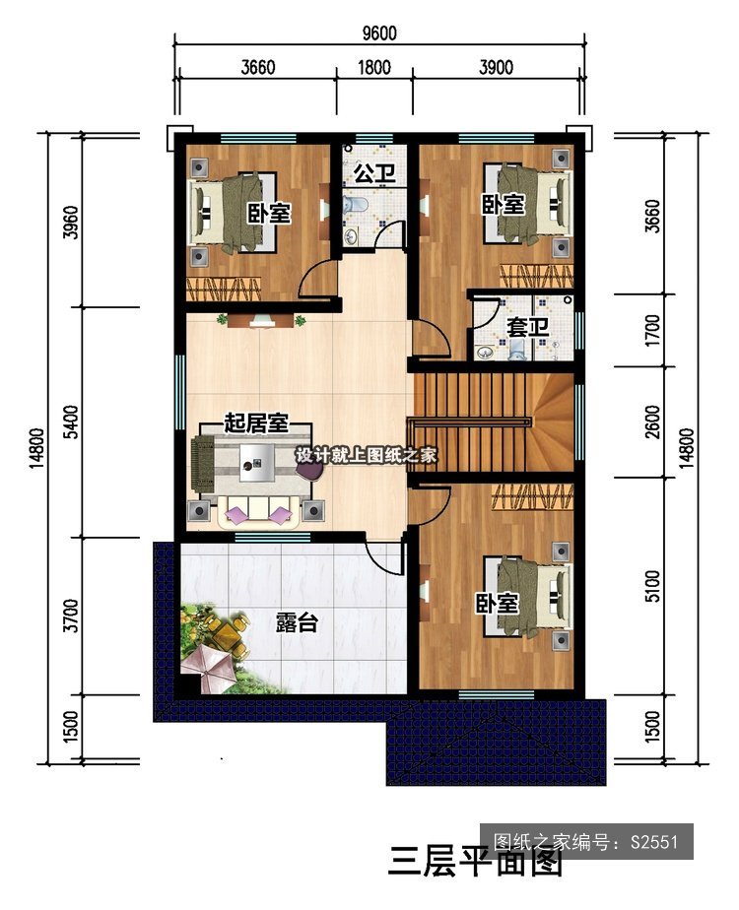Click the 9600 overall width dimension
pyautogui.click(x=379, y=33)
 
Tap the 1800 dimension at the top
pyautogui.click(x=373, y=67)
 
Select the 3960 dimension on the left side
pyautogui.click(x=71, y=223)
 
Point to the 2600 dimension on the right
pyautogui.click(x=652, y=422)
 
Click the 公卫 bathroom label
pyautogui.click(x=373, y=173)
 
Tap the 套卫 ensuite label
pyautogui.click(x=527, y=327)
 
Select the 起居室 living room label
pyautogui.click(x=256, y=423)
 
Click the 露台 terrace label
pyautogui.click(x=297, y=622)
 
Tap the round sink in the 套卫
pyautogui.click(x=484, y=352)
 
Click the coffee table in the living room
pyautogui.click(x=257, y=463)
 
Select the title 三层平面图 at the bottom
pyautogui.click(x=475, y=861)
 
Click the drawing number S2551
pyautogui.click(x=654, y=841)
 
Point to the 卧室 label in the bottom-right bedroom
pyautogui.click(x=498, y=604)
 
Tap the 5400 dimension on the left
pyautogui.click(x=71, y=422)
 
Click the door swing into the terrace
pyautogui.click(x=381, y=558)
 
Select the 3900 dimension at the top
pyautogui.click(x=496, y=67)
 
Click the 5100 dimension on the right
pyautogui.click(x=652, y=586)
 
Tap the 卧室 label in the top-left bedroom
pyautogui.click(x=269, y=214)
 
